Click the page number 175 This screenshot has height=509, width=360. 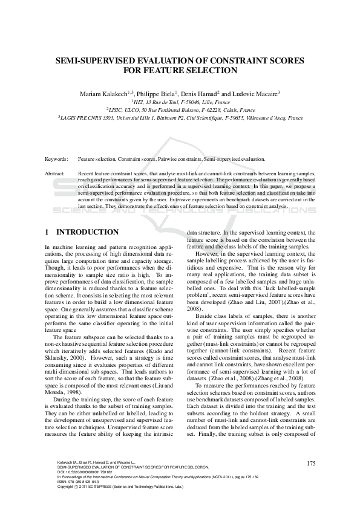[x=311, y=464]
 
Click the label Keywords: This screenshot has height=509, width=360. [x=56, y=158]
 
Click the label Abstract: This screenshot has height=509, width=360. [x=55, y=173]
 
